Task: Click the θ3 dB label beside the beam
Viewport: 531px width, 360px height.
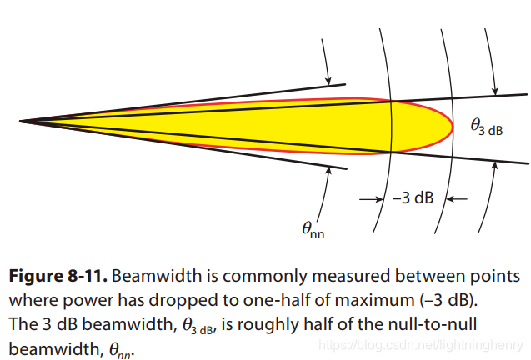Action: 487,127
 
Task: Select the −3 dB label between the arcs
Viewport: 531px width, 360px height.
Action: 412,199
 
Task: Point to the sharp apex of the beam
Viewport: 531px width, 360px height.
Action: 22,122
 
